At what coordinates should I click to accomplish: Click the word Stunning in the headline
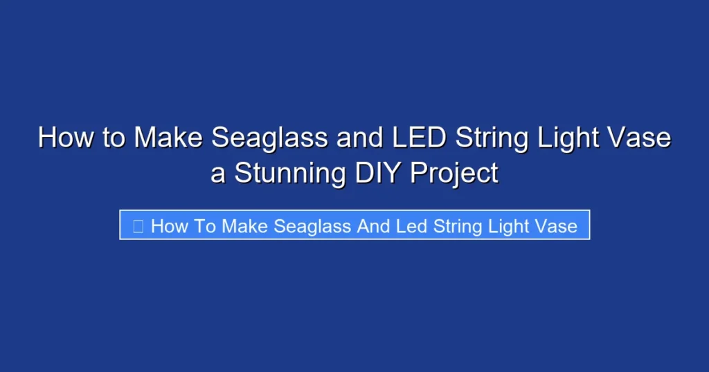290,173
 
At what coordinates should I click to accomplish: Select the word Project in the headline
454,173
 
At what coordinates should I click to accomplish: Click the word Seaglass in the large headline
270,138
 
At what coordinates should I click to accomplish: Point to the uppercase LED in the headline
418,138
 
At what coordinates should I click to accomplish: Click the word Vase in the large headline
640,138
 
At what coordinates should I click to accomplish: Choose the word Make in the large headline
169,138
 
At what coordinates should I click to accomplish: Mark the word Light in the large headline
571,138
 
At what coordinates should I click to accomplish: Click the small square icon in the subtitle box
138,225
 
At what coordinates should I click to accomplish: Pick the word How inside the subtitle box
166,225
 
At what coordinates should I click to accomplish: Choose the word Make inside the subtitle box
245,225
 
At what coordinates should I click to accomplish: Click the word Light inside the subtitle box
509,225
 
